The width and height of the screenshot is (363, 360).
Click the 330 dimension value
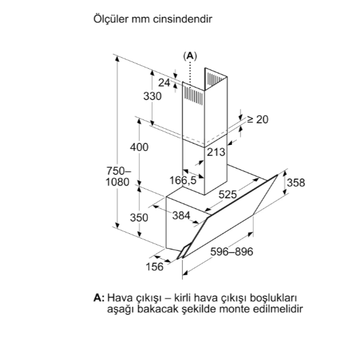[x=152, y=96]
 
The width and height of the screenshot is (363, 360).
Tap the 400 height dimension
[x=139, y=147]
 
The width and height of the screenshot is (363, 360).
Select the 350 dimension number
[x=139, y=218]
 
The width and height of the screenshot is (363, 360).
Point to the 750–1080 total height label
[x=118, y=177]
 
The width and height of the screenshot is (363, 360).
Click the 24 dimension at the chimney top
[x=164, y=83]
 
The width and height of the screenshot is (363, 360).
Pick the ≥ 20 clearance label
[x=258, y=119]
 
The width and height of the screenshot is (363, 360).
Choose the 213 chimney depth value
[x=216, y=152]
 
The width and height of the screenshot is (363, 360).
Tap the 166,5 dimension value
[x=183, y=180]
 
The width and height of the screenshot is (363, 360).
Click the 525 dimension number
[x=228, y=194]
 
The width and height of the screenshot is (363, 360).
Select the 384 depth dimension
[x=181, y=216]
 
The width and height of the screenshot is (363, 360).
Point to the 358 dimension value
[x=296, y=183]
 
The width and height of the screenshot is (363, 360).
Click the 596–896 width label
[x=231, y=251]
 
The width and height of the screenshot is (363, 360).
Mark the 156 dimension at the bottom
[x=155, y=266]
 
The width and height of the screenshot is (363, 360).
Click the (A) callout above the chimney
[x=190, y=56]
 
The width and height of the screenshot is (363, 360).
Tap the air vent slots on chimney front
[x=193, y=96]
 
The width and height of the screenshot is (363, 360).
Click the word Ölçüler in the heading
[x=111, y=19]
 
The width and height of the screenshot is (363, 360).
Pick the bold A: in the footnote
[x=99, y=297]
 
